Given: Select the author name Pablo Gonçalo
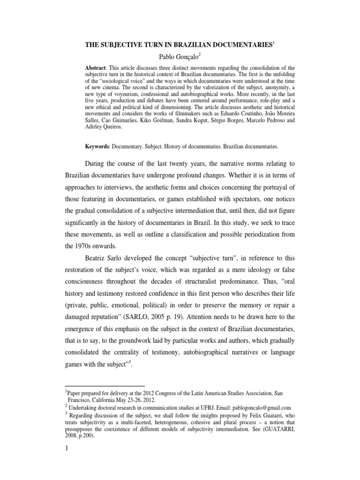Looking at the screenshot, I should pyautogui.click(x=180, y=57).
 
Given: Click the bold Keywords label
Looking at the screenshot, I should pyautogui.click(x=98, y=146).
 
